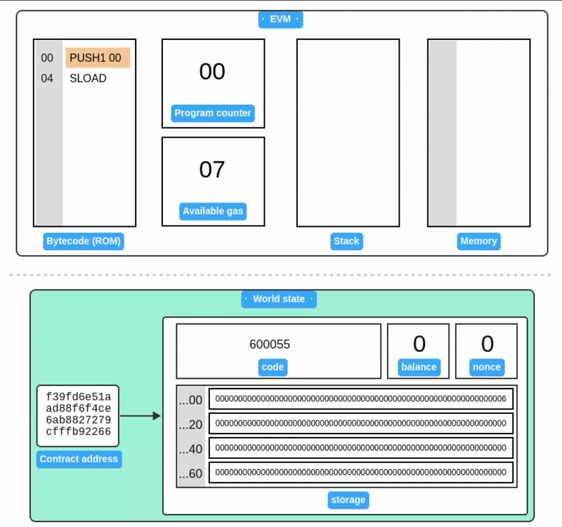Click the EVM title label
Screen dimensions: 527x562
click(x=280, y=19)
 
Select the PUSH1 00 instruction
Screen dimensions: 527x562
click(x=98, y=58)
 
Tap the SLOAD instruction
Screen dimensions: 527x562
click(x=88, y=79)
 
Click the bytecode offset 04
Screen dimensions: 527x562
click(x=47, y=79)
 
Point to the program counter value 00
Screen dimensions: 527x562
click(x=212, y=72)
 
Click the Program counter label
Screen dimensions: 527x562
click(x=213, y=113)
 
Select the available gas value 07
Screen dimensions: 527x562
click(x=212, y=170)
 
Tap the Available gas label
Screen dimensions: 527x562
click(x=213, y=212)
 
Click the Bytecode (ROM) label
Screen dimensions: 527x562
click(x=84, y=241)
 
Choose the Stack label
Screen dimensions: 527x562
click(x=346, y=241)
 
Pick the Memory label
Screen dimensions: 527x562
click(x=478, y=241)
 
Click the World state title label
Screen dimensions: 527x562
click(x=279, y=299)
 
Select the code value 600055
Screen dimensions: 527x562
click(x=270, y=344)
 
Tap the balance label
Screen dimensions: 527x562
click(x=419, y=367)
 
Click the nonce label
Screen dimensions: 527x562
click(x=487, y=367)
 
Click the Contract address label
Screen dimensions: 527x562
click(x=79, y=460)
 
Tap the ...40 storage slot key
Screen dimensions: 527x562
click(x=190, y=448)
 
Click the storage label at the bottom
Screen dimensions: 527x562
click(x=348, y=500)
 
